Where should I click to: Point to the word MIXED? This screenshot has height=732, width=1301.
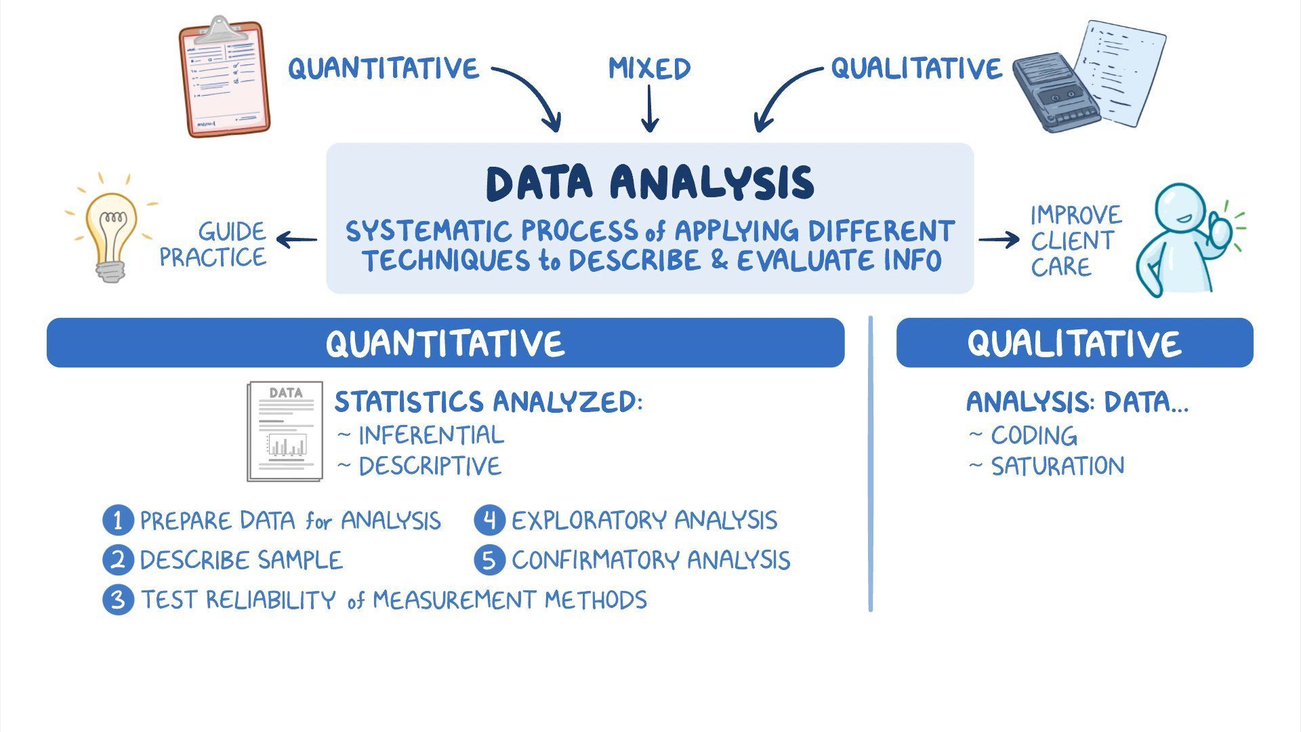point(649,68)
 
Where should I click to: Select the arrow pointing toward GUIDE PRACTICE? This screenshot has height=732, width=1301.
point(297,239)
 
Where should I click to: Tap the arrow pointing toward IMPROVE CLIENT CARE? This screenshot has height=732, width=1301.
point(999,239)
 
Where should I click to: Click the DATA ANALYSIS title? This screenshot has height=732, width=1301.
point(650,183)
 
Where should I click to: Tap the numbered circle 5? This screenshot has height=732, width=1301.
point(490,561)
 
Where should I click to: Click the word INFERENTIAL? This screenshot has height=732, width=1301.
point(432,435)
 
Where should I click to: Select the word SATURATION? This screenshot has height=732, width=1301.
point(1058,466)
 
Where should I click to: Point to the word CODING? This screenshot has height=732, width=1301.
point(1034,436)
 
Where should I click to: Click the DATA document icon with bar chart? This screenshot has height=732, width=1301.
point(285,431)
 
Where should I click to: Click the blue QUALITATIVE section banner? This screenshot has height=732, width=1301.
point(1075,343)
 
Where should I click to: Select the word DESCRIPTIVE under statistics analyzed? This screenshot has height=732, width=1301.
point(430,466)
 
